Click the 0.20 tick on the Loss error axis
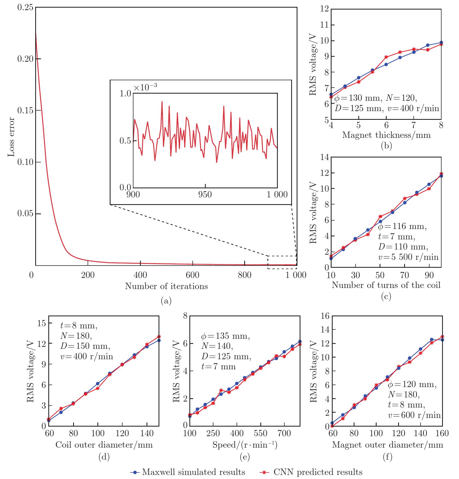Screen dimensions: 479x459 click(26, 59)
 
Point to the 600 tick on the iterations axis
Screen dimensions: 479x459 click(193, 275)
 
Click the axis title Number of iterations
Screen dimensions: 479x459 click(166, 286)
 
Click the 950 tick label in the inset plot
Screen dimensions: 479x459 click(205, 194)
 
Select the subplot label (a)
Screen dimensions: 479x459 click(166, 301)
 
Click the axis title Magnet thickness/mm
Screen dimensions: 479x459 click(386, 135)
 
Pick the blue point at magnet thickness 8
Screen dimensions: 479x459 click(441, 43)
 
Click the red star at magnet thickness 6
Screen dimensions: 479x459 click(386, 57)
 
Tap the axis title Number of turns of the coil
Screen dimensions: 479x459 click(386, 285)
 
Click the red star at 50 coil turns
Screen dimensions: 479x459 click(380, 216)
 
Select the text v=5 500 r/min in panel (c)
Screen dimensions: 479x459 click(408, 257)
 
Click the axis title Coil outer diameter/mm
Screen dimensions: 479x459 click(104, 445)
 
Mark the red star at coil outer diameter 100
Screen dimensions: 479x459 click(98, 388)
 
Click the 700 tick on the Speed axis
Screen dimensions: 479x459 click(284, 433)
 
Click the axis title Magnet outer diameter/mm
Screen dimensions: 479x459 click(387, 445)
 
